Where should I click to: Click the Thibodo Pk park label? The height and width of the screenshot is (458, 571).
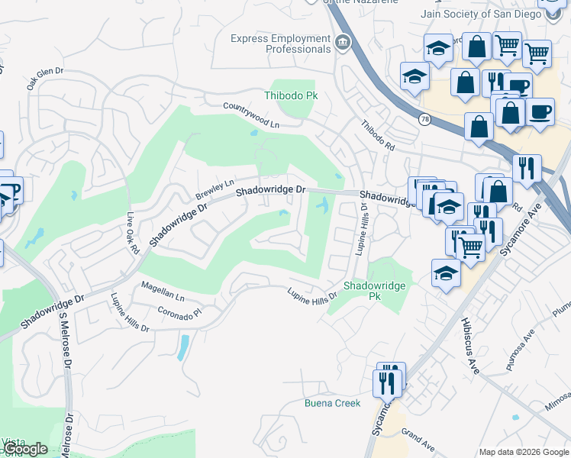[x=290, y=95]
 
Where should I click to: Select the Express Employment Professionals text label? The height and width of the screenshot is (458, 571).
[x=281, y=44]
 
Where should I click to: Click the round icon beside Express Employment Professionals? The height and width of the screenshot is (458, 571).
[x=343, y=43]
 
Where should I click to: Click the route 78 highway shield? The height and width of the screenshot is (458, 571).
[x=424, y=119]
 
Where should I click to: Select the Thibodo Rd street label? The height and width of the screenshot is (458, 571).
[x=377, y=135]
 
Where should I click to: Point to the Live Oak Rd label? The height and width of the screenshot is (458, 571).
[x=131, y=232]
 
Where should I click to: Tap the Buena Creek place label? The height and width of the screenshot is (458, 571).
[x=332, y=403]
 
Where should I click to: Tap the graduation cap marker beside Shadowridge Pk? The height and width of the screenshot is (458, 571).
[x=446, y=273]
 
